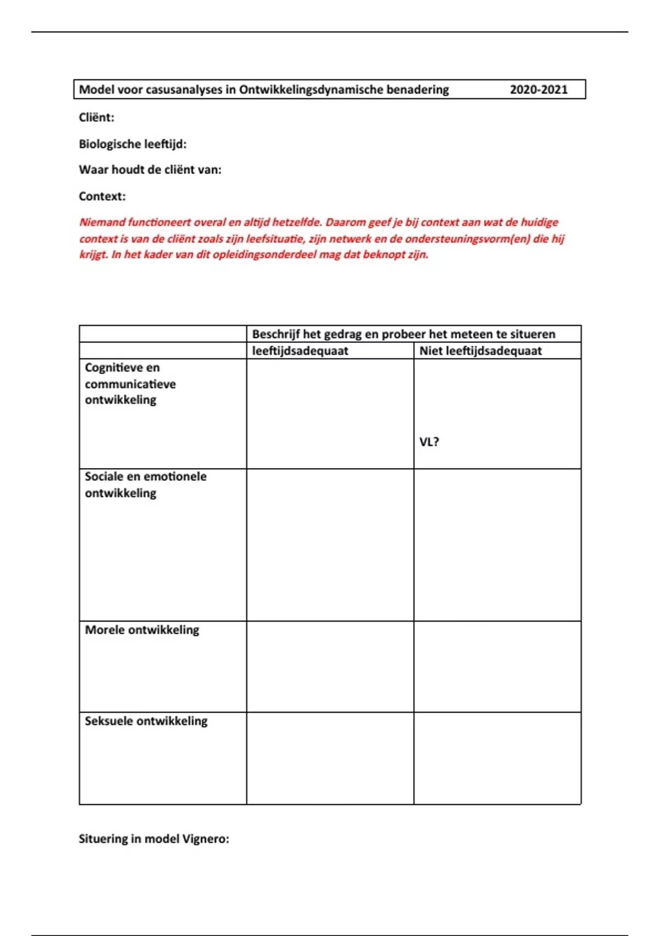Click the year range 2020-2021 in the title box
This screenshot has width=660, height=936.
coord(538,90)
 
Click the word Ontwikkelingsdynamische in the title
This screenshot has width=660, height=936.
coord(311,90)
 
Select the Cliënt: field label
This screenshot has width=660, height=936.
coord(97,117)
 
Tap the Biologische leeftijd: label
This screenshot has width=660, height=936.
coord(133,144)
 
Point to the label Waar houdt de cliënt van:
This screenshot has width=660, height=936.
coord(150,170)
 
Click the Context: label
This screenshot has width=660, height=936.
coord(102,196)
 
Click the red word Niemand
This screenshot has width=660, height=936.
coord(102,222)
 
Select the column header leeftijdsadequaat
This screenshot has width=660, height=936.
coord(300,351)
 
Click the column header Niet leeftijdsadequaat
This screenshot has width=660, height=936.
coord(480,351)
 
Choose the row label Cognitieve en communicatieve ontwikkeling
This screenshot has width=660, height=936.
coord(130,384)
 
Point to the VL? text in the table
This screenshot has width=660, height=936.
coord(429,442)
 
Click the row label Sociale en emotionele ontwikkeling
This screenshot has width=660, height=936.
coord(145,485)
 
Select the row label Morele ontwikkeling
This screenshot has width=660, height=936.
coord(142,630)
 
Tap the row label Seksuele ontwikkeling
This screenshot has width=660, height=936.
coord(146,721)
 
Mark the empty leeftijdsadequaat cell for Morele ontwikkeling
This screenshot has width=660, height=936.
coord(330,667)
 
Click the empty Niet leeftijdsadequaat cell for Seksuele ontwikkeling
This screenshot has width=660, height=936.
coord(497,758)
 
